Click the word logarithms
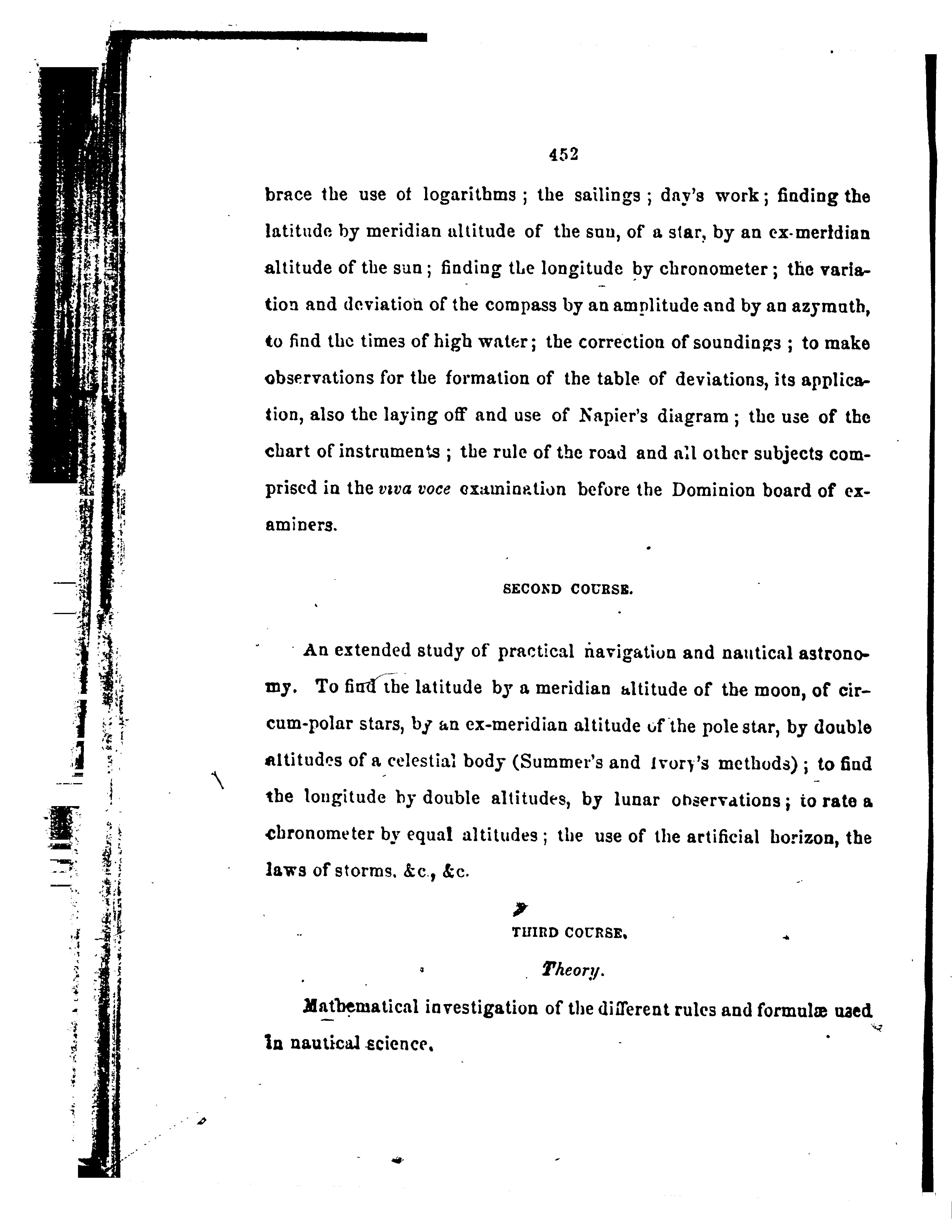[x=469, y=195]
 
